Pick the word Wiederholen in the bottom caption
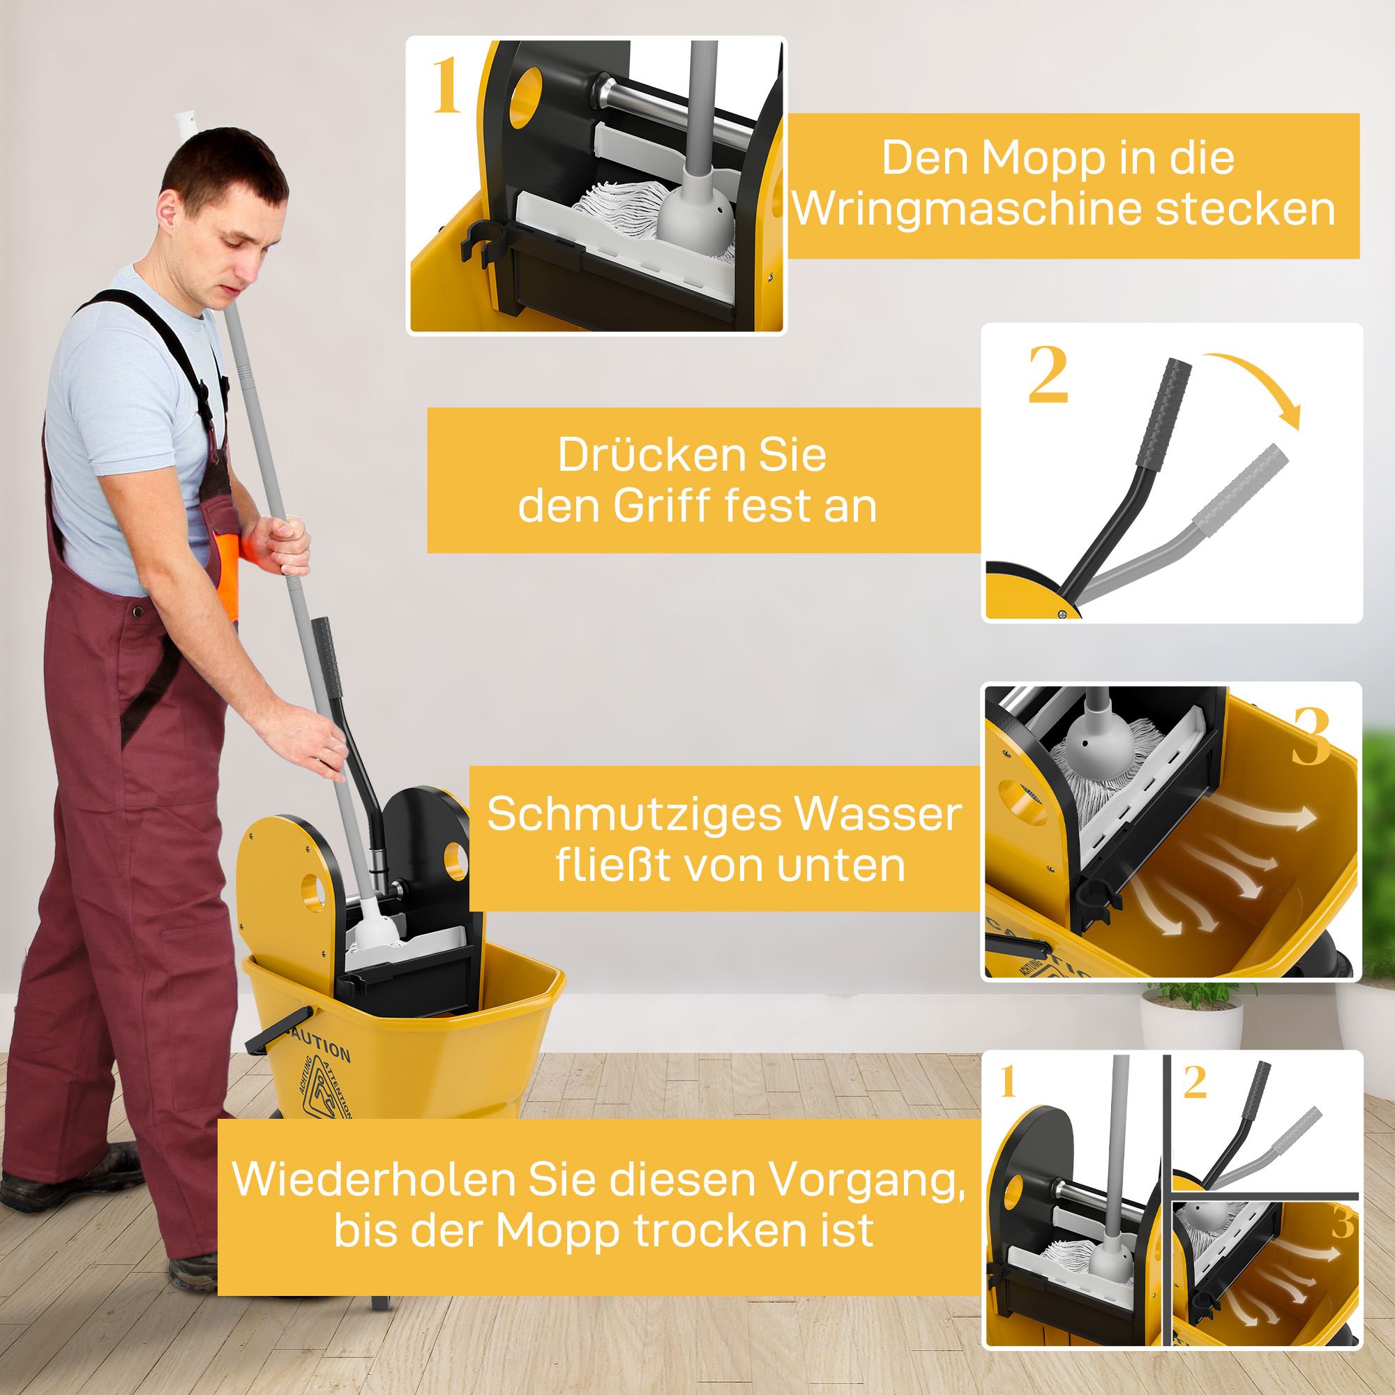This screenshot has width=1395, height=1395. coord(373,1180)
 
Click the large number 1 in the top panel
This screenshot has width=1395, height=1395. coord(446,86)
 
